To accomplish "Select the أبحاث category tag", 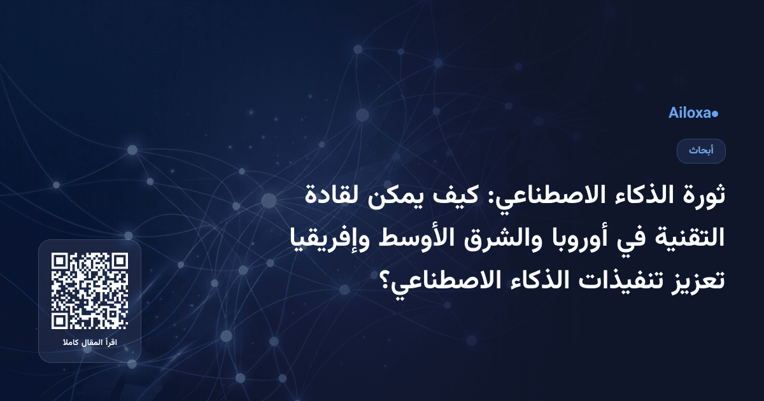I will [x=701, y=151].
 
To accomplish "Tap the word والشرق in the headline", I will [x=463, y=237].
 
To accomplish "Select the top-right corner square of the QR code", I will [x=119, y=262].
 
